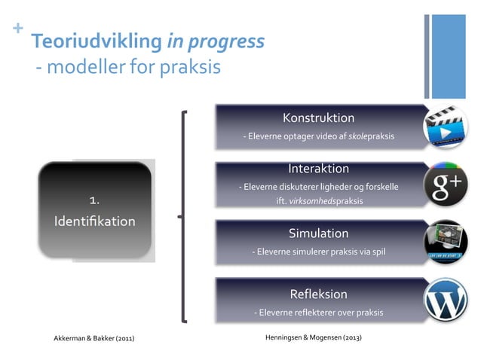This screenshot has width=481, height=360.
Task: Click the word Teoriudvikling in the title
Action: [x=96, y=41]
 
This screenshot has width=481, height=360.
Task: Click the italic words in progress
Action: [x=215, y=41]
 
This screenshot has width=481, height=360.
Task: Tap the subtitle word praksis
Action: [x=188, y=68]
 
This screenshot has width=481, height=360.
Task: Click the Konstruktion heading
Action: [x=318, y=118]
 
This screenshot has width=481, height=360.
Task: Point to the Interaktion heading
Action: [x=318, y=169]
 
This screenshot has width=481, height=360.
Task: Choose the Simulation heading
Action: [x=318, y=233]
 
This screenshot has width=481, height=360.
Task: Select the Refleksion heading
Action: [x=318, y=294]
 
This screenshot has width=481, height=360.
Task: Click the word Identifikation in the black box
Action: [x=95, y=221]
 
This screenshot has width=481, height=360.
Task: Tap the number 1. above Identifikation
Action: [x=95, y=200]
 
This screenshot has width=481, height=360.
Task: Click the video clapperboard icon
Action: [x=445, y=127]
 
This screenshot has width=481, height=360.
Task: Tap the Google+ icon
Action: [x=445, y=184]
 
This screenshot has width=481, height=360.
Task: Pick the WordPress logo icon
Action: [x=445, y=301]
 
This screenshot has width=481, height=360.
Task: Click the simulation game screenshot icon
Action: [x=445, y=242]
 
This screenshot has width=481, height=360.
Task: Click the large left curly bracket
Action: [x=183, y=217]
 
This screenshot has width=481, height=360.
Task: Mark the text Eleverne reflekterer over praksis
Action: [x=320, y=312]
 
